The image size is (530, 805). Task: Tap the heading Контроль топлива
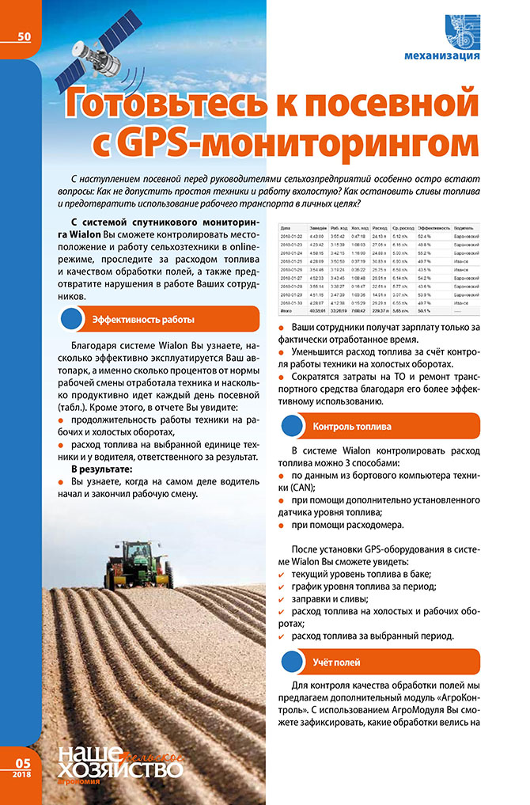click(x=352, y=426)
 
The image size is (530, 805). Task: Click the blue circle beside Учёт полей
click(x=293, y=660)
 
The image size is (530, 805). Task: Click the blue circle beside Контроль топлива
click(x=293, y=426)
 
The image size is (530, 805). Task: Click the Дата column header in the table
click(x=286, y=227)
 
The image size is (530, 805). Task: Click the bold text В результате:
click(x=101, y=469)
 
